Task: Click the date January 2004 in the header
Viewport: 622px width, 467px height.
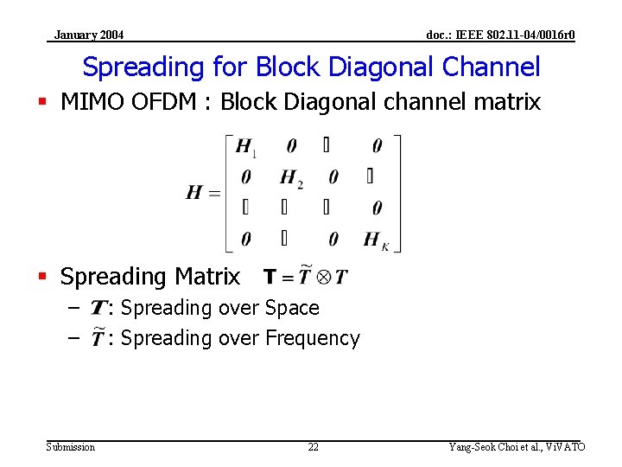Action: click(88, 35)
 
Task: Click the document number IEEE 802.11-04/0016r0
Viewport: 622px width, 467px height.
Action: click(501, 35)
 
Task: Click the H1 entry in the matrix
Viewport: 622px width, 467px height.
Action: click(245, 147)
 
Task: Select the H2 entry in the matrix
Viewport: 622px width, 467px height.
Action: click(291, 178)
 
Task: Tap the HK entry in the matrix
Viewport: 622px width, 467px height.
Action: click(376, 240)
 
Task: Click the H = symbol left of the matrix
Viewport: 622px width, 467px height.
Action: click(203, 192)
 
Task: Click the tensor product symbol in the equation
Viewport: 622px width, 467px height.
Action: click(323, 277)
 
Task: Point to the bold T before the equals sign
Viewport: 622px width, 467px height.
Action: click(270, 277)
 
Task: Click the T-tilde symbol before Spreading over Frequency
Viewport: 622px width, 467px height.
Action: click(98, 337)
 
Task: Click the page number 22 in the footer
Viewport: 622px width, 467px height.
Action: click(313, 447)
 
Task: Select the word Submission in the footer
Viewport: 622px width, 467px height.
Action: click(71, 447)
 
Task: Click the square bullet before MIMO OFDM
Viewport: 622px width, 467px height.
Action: click(43, 102)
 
